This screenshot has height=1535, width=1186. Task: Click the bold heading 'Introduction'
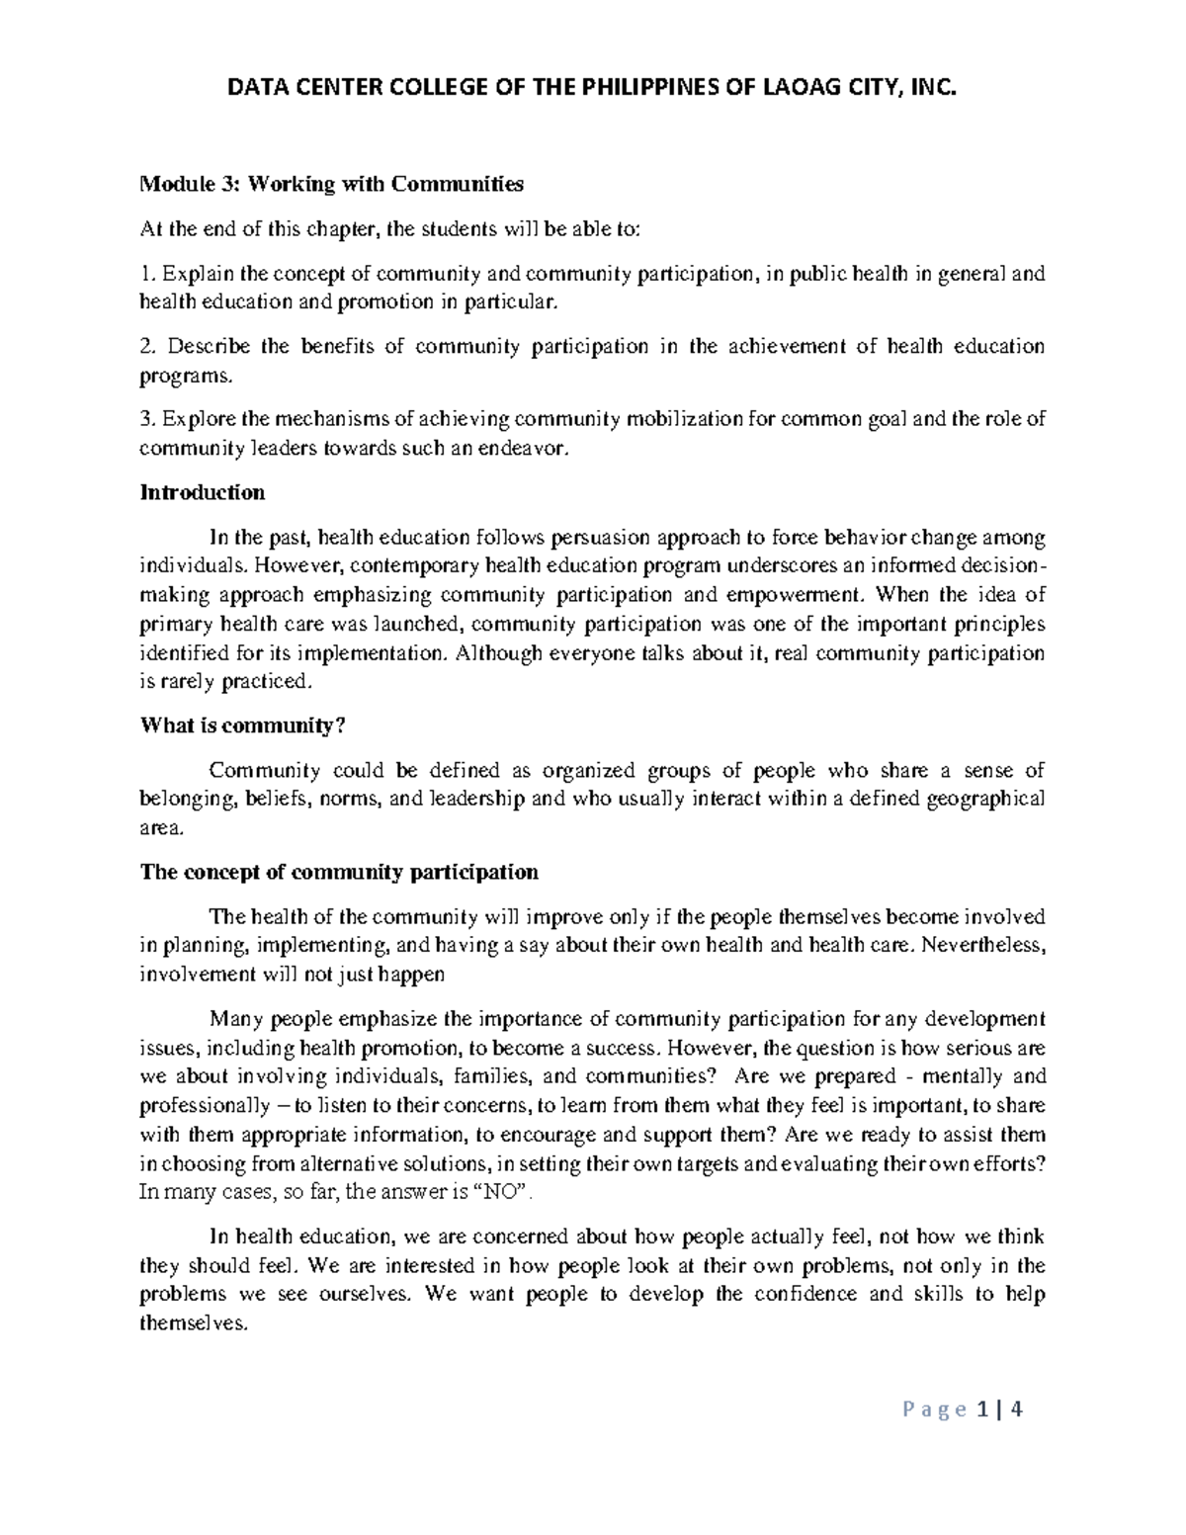click(203, 492)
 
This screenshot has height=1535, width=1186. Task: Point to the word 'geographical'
click(984, 800)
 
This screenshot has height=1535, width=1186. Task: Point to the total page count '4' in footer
click(1016, 1410)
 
